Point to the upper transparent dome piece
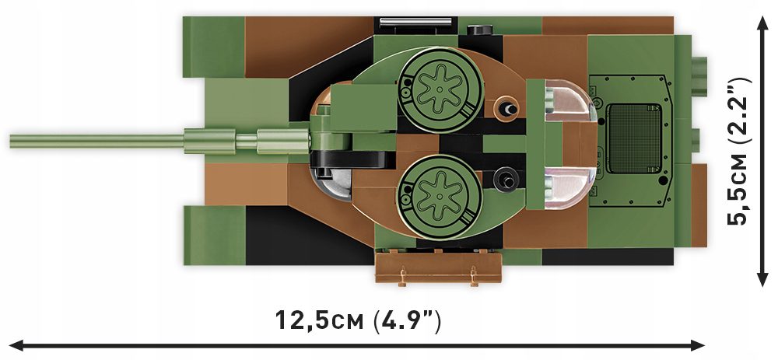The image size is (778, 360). (x=573, y=104)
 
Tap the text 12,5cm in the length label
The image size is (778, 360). (x=319, y=320)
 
